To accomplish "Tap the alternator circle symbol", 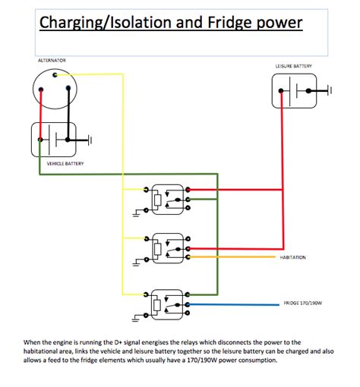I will pyautogui.click(x=55, y=90).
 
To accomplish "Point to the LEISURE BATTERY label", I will pyautogui.click(x=293, y=66).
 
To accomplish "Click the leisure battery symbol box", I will pyautogui.click(x=294, y=92).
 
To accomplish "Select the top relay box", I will pyautogui.click(x=166, y=197).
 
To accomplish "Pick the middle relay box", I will pyautogui.click(x=166, y=247).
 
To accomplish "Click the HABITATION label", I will pyautogui.click(x=293, y=257).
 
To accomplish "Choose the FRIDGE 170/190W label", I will pyautogui.click(x=303, y=304).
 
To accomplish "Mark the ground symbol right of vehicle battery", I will pyautogui.click(x=90, y=140).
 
